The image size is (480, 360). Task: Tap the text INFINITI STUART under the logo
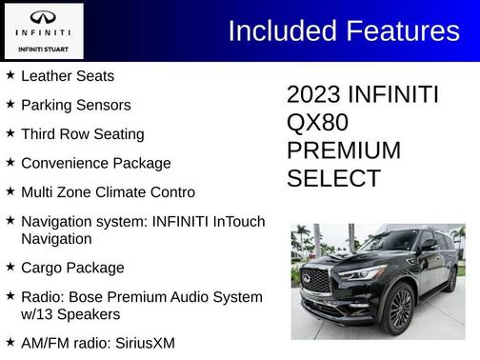point(43,48)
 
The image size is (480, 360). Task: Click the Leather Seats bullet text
point(67,75)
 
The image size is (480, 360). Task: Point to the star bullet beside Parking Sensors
point(10,104)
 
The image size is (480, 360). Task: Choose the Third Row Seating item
point(82,133)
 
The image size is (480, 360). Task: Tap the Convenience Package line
point(95,163)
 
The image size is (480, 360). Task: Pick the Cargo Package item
point(72,267)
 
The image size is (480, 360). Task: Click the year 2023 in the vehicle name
point(314,95)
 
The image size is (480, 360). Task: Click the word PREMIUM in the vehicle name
point(344,150)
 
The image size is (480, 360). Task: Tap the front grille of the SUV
point(316,282)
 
